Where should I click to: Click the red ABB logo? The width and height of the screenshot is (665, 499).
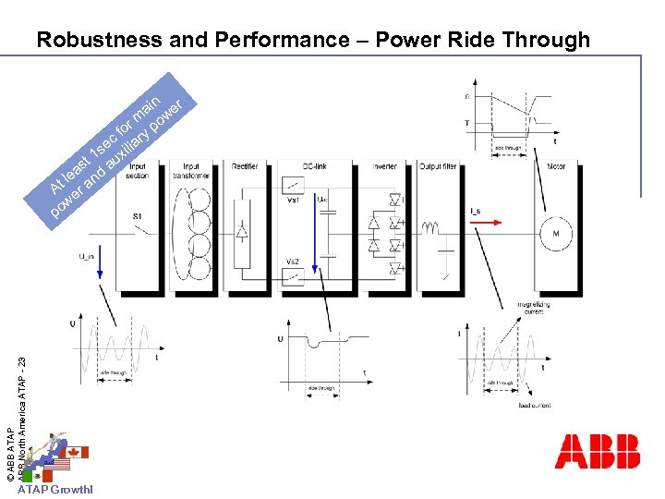click(x=597, y=451)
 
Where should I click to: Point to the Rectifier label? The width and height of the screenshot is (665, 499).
click(x=245, y=166)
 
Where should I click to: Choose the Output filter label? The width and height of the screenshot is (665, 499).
click(x=439, y=166)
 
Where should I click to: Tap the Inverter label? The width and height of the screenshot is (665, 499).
click(x=384, y=166)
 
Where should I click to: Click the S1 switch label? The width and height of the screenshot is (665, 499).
click(x=138, y=216)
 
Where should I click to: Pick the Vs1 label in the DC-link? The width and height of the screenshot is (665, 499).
click(x=293, y=199)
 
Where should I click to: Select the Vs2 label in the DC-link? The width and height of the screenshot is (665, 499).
click(x=293, y=261)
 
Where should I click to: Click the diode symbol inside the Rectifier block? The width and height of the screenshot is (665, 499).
click(x=243, y=232)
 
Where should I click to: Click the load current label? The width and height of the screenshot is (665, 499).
click(x=535, y=405)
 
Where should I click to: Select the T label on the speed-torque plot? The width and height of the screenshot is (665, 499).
click(x=468, y=122)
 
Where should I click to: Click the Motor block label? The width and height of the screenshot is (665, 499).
click(x=555, y=166)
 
